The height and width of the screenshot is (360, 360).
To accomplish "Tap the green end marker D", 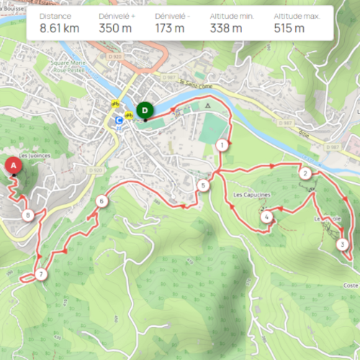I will [x=145, y=110].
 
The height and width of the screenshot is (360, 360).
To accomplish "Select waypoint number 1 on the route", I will [x=223, y=145].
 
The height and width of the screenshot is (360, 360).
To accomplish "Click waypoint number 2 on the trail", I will [x=306, y=173].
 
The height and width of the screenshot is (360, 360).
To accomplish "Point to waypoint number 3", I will [x=341, y=244].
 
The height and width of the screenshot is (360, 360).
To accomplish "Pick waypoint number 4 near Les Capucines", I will [x=266, y=216].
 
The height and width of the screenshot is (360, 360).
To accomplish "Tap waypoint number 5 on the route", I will [x=204, y=186].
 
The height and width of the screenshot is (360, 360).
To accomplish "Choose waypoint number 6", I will [x=102, y=201].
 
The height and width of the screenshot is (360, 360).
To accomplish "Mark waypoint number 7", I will [x=41, y=274].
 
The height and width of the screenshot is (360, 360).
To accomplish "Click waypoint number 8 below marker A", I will [x=27, y=215].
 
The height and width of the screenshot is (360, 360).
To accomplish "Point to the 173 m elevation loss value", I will [x=169, y=29].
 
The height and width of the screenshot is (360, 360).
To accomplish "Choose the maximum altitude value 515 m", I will [x=289, y=29].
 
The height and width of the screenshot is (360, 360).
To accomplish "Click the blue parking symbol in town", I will [x=119, y=121].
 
